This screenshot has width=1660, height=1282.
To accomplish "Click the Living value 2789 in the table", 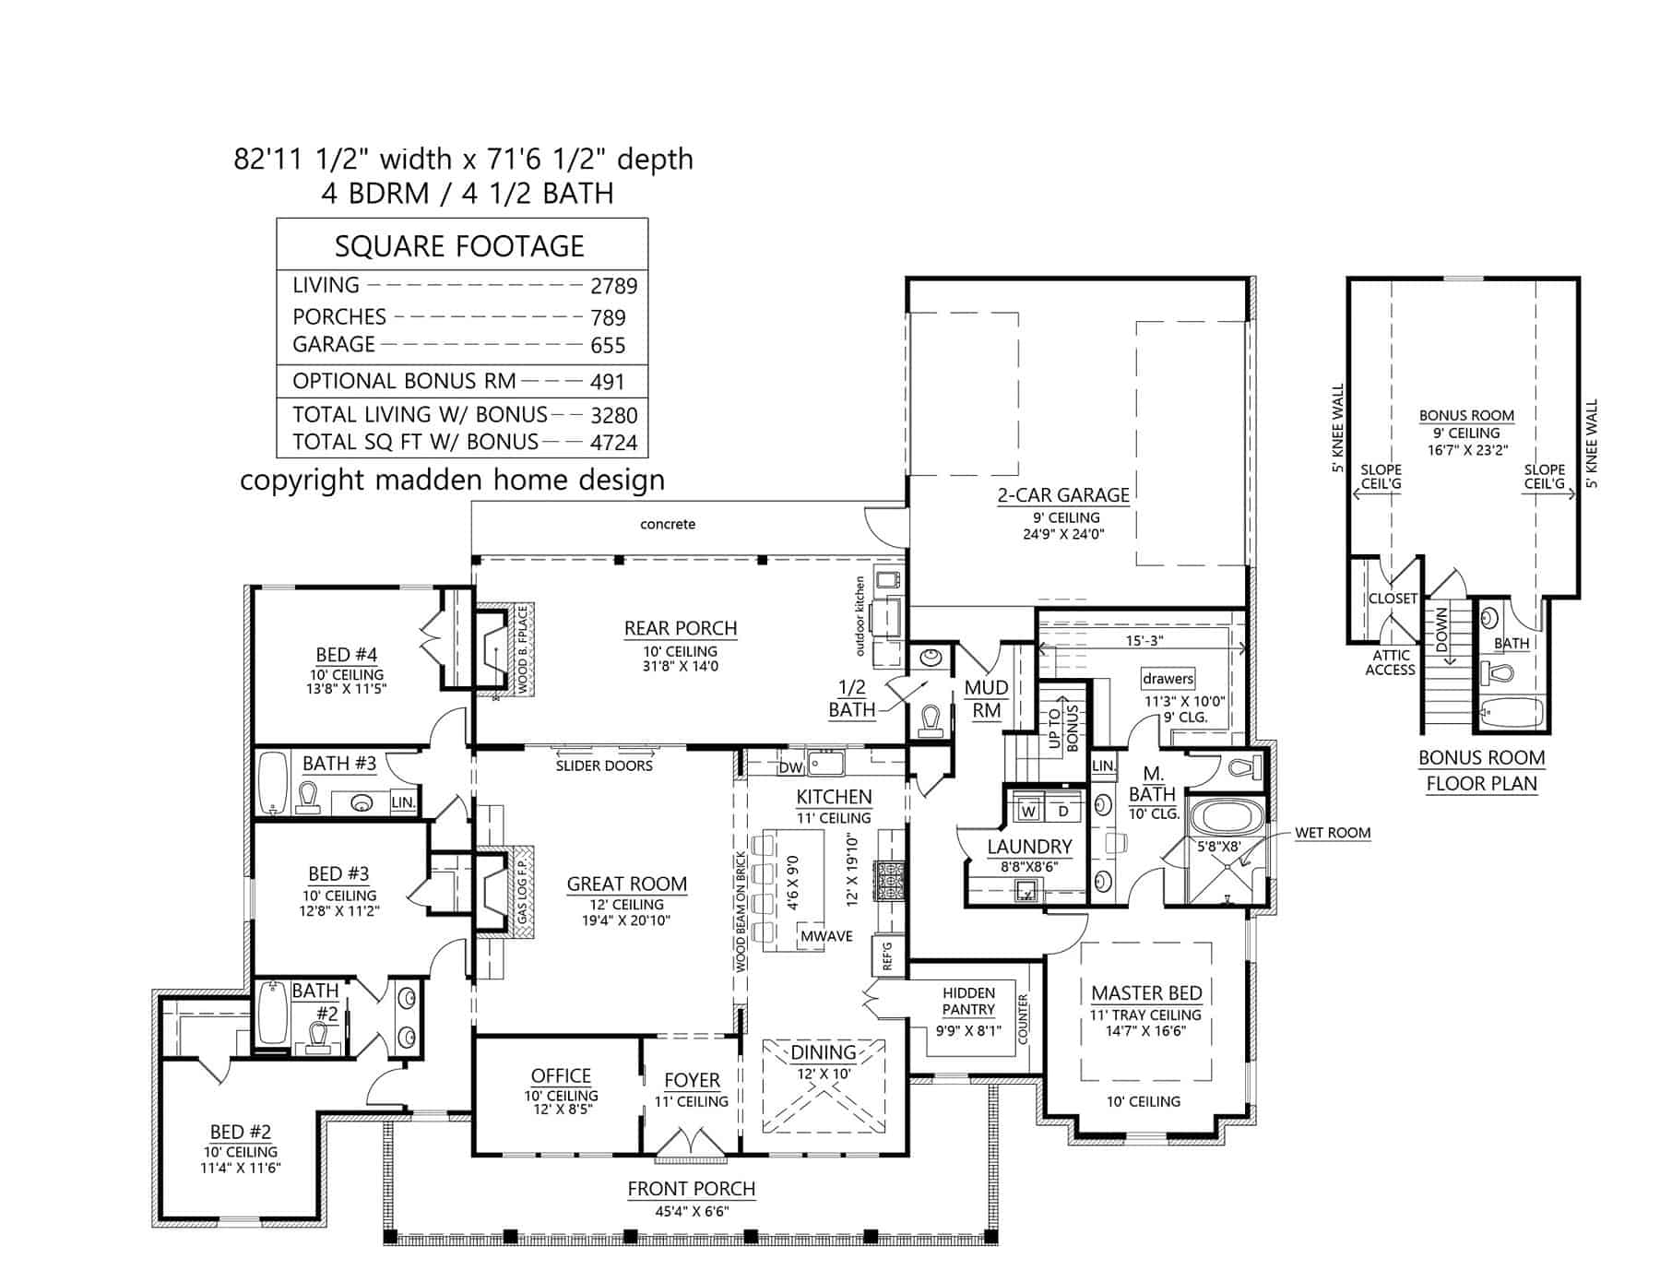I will pos(613,286).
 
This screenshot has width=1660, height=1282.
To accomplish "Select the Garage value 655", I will pos(608,346).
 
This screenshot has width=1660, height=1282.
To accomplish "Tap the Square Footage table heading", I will pos(459,246).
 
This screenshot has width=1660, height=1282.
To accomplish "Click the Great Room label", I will pos(626,884).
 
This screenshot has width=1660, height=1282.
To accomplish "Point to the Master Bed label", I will pos(1146,993).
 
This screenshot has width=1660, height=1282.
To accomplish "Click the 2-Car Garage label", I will pos(1062,495).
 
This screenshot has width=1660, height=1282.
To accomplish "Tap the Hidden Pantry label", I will pos(968,1001).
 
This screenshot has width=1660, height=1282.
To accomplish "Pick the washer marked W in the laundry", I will pos(1029,811).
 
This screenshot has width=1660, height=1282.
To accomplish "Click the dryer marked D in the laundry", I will pos(1062,811).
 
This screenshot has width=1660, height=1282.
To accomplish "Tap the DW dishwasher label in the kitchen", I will pos(790,767).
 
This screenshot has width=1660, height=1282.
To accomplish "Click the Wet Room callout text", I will pos(1333,833).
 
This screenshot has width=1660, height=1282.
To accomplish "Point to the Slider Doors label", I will pos(604,766).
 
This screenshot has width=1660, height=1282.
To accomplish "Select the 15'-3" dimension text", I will pos(1144,640).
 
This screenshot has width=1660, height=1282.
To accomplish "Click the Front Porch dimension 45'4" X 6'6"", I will pos(692,1211).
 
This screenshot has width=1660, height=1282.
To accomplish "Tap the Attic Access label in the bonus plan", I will pos(1390,662).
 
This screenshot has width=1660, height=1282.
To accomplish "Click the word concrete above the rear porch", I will pos(668,524).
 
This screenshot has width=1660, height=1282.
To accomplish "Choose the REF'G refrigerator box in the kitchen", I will pos(888,955).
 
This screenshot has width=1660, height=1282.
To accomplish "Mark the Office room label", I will pos(561,1075).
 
